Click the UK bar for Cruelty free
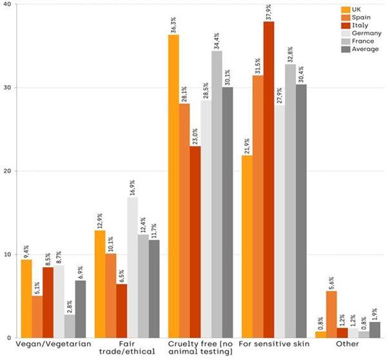174,186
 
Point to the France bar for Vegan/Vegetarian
70,326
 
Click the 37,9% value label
250,12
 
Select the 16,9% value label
132,188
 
